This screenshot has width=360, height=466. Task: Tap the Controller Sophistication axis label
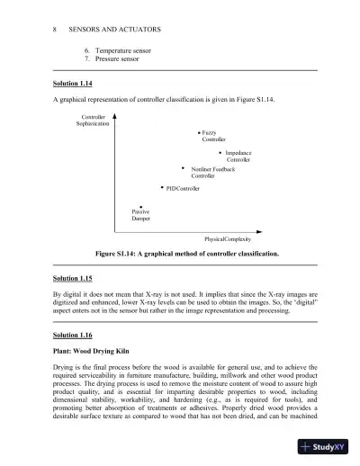[94, 120]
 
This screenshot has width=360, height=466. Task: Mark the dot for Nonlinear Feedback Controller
[183, 167]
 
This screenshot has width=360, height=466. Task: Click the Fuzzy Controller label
[214, 136]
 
